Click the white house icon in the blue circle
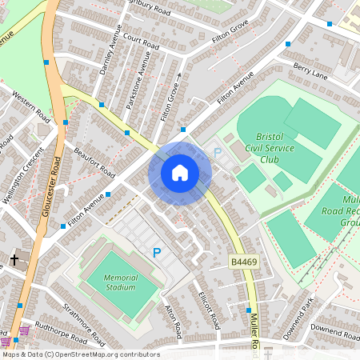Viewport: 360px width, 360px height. pyautogui.click(x=180, y=172)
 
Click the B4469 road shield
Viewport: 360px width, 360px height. pyautogui.click(x=243, y=262)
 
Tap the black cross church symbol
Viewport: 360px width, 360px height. pyautogui.click(x=14, y=259)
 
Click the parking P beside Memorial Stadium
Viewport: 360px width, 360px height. pyautogui.click(x=157, y=253)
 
